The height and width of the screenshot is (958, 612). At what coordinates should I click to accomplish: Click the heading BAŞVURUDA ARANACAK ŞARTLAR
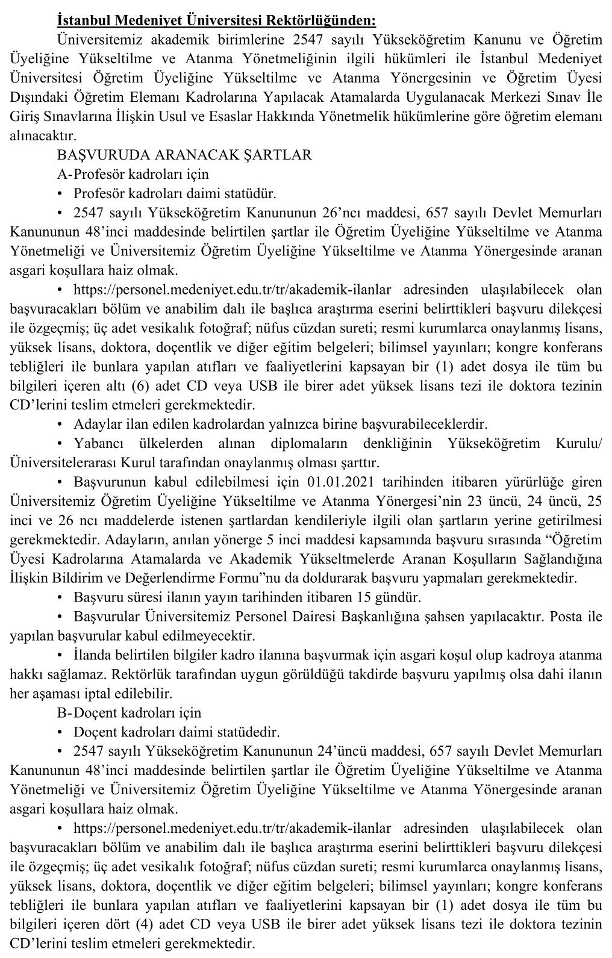pos(184,155)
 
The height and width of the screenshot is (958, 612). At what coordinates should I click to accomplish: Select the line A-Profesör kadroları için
pos(133,174)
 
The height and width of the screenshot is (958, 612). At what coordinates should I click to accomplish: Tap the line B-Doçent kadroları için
pos(129,712)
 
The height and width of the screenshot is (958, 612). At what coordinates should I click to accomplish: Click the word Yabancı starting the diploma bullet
pos(97,444)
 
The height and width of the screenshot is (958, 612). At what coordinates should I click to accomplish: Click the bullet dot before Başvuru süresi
pos(60,598)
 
